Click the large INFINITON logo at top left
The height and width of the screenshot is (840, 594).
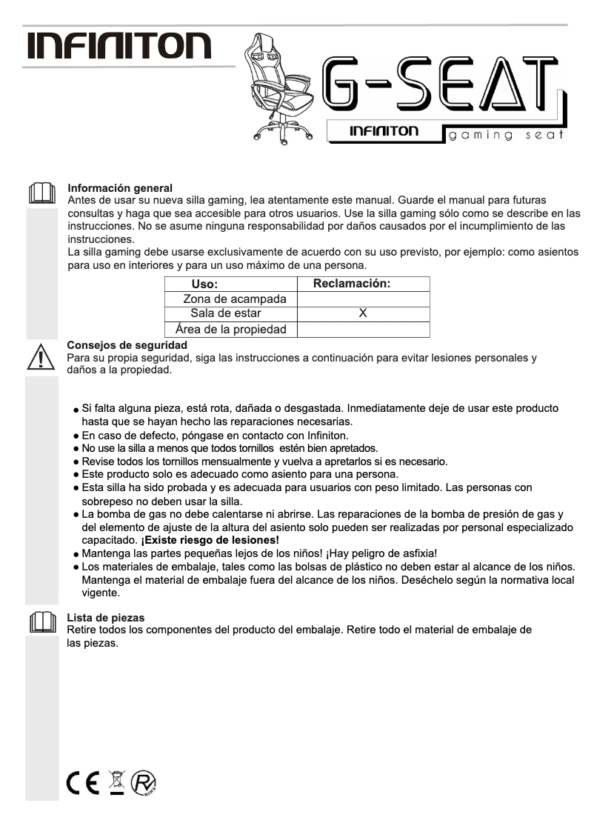pos(119,46)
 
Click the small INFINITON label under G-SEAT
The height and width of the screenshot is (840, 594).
pos(384,132)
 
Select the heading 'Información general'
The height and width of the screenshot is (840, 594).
pos(120,188)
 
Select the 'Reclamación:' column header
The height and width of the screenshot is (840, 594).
pos(352,284)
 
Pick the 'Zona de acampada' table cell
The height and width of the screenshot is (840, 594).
pos(235,299)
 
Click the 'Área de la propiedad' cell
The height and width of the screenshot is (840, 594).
pos(230,330)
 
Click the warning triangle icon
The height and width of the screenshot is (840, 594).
pos(41,356)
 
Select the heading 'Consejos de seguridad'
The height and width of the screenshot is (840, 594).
pos(127,345)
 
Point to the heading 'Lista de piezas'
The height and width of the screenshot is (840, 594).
pos(105,617)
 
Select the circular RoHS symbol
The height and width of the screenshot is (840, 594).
pos(144,783)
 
